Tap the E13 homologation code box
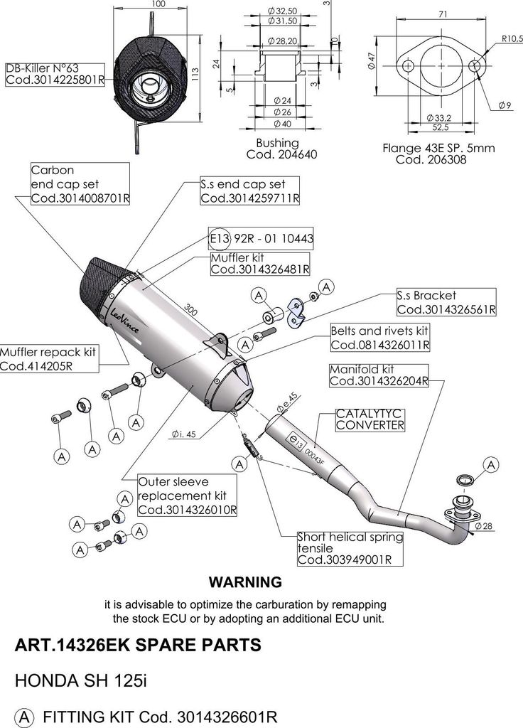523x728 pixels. coord(261,237)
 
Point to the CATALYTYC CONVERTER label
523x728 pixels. coord(370,419)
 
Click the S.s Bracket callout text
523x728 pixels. coord(446,302)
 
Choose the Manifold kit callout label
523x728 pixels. coord(379,375)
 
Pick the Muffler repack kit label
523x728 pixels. coord(48,359)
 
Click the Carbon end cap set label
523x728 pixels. coord(80,183)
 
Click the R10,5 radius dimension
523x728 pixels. coord(510,38)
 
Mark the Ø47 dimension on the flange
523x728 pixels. coord(372,64)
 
